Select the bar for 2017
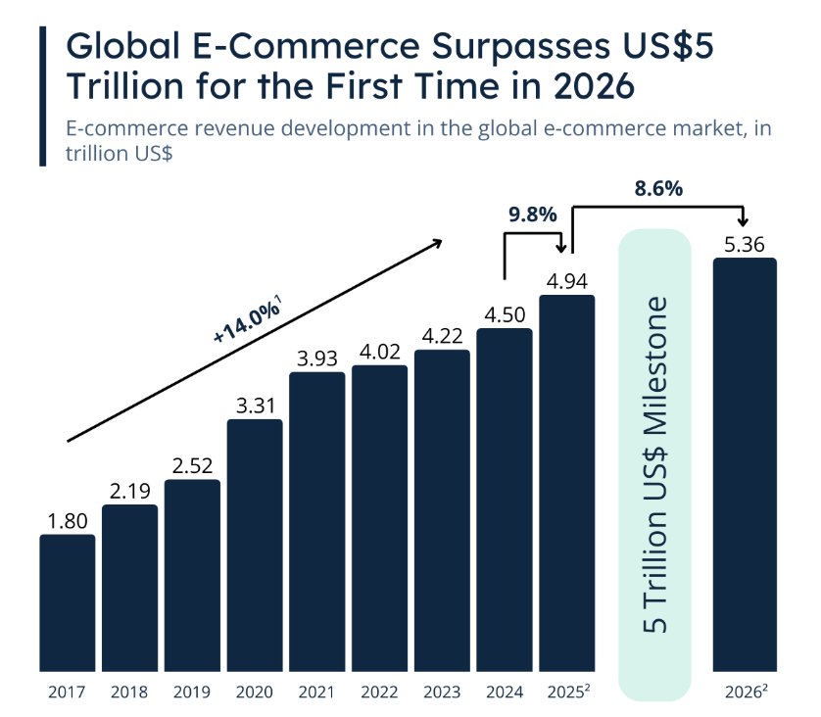click(x=68, y=602)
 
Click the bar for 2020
click(x=255, y=545)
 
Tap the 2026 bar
click(x=745, y=464)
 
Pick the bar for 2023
click(x=442, y=509)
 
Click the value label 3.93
click(x=316, y=358)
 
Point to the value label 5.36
click(x=745, y=245)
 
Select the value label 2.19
click(x=129, y=492)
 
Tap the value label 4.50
click(x=505, y=315)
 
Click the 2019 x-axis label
click(x=192, y=692)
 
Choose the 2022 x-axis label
click(x=379, y=692)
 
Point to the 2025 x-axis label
click(x=565, y=692)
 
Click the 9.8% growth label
click(x=533, y=215)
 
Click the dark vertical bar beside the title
click(x=44, y=95)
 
